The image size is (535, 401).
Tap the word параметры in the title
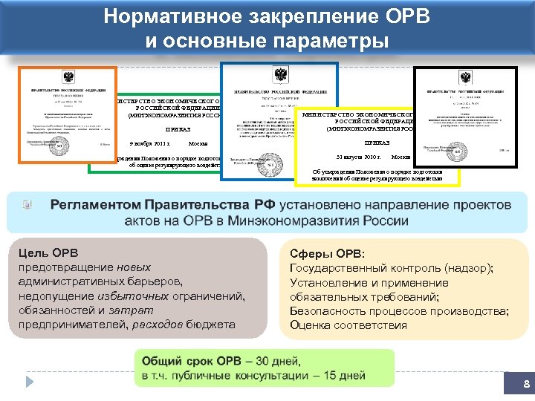tap(324, 39)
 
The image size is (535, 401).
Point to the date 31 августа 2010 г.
tap(358, 157)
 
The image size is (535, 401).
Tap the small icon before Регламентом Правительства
tap(27, 204)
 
